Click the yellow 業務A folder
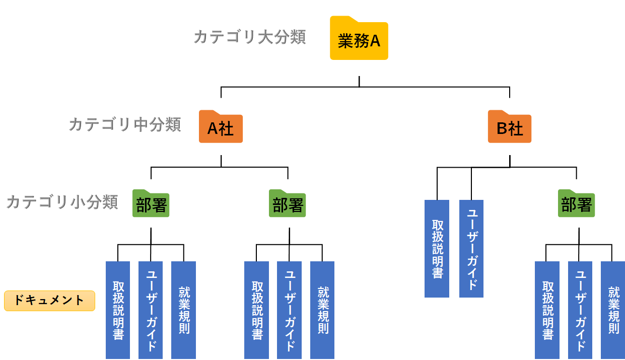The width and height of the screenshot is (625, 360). (x=359, y=40)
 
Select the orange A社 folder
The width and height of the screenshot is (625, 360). (x=221, y=128)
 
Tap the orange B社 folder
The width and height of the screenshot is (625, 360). (x=510, y=128)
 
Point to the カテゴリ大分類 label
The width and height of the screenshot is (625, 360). (x=250, y=37)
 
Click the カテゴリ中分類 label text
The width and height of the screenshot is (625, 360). (x=124, y=124)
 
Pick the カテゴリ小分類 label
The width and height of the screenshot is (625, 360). (x=62, y=201)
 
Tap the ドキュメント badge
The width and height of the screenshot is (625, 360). (x=49, y=301)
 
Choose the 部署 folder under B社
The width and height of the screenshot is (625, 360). (x=576, y=204)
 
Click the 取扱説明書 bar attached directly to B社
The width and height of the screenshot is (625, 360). (x=437, y=248)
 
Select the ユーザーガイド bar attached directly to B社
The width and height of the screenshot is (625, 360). (x=471, y=248)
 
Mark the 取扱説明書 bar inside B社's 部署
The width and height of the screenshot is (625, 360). (x=547, y=310)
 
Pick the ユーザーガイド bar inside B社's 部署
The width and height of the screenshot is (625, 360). (x=580, y=310)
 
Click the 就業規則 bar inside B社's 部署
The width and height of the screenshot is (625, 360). (x=613, y=310)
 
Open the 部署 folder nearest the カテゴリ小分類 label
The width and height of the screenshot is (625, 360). (x=151, y=204)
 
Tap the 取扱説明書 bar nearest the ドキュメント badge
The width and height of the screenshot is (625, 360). (x=118, y=310)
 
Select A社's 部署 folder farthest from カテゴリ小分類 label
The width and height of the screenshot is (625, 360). (x=287, y=204)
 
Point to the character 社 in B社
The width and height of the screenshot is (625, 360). (x=516, y=129)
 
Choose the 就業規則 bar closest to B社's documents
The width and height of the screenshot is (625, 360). (x=322, y=310)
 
